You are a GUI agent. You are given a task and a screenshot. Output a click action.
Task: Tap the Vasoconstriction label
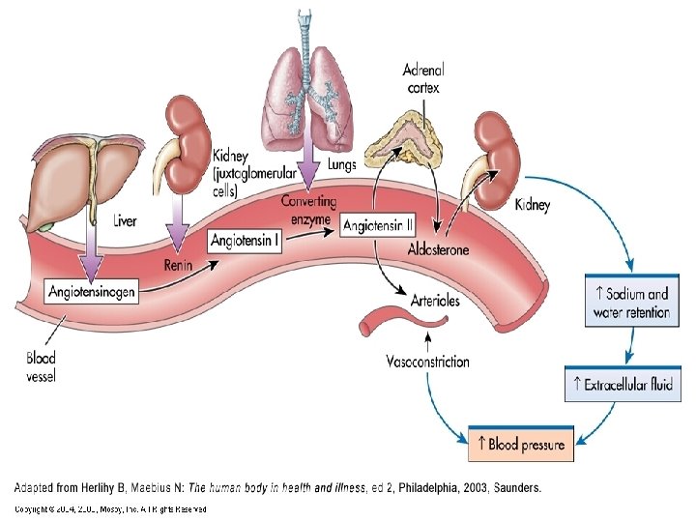coord(427,362)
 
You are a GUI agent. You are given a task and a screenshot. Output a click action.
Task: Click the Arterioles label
coord(435,301)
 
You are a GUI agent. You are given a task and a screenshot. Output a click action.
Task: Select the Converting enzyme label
coord(308,209)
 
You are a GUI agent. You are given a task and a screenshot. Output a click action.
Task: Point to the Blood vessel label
coord(40,366)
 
